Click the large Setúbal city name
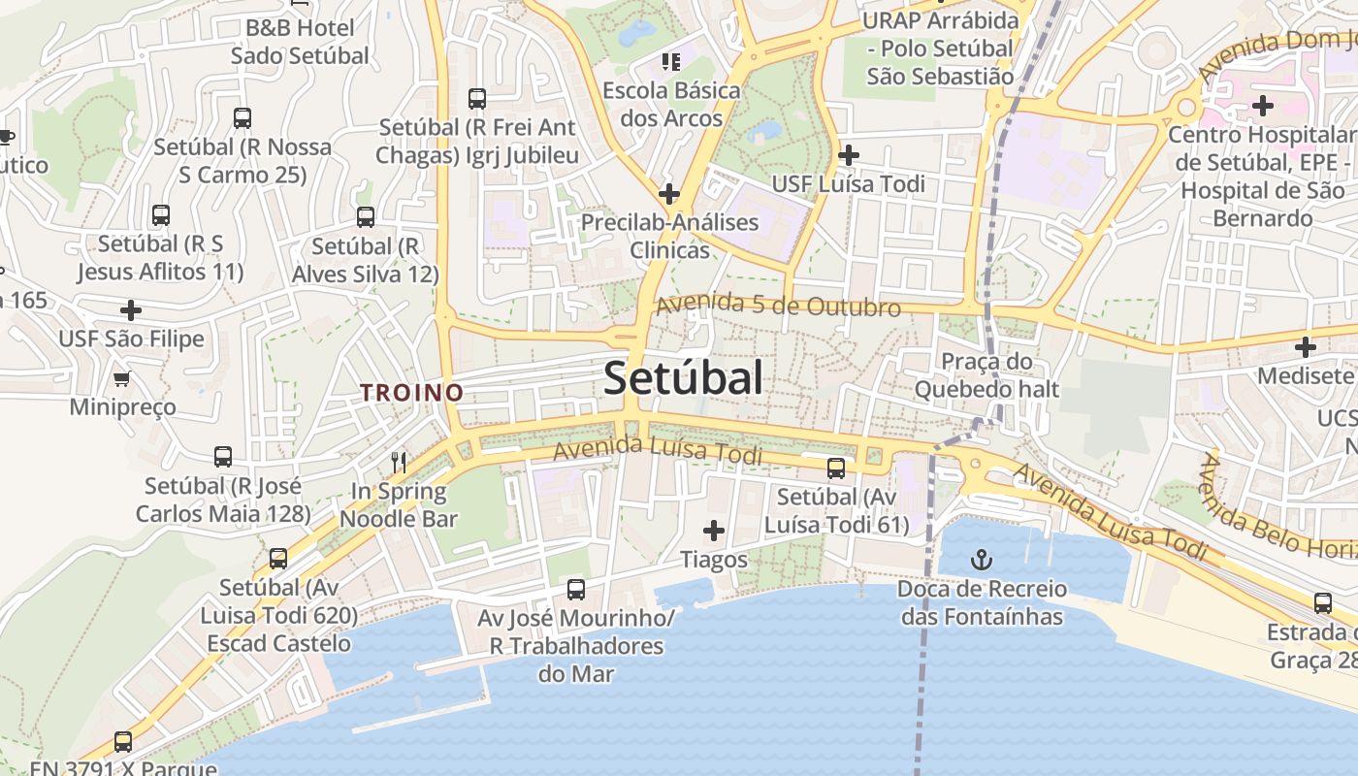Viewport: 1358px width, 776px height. pos(683,377)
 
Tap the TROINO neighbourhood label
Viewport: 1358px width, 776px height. pos(411,393)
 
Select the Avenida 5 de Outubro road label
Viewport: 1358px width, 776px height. pos(778,306)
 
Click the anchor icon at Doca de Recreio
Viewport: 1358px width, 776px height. pos(982,560)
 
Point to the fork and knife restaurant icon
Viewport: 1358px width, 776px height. pos(398,461)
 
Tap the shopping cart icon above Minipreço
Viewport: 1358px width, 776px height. pos(121,378)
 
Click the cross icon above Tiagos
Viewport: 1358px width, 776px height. pos(714,531)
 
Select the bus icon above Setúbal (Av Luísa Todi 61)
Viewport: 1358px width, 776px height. pos(836,469)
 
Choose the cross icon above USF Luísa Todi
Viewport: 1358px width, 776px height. pos(849,154)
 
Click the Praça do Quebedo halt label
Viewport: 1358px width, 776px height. pos(986,375)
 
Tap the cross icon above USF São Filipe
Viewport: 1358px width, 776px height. pos(131,310)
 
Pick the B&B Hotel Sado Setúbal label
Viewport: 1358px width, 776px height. pos(300,42)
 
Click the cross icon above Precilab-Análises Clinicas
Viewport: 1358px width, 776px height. pos(668,193)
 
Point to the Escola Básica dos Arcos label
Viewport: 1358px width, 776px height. pos(671,105)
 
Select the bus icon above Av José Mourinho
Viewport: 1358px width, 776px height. pos(576,589)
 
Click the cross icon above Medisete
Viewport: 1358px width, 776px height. pos(1306,346)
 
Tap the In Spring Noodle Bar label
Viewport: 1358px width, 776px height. pos(404,504)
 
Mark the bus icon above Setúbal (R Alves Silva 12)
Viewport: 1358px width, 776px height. pos(366,217)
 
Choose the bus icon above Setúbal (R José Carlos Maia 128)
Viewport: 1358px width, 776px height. pos(223,457)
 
